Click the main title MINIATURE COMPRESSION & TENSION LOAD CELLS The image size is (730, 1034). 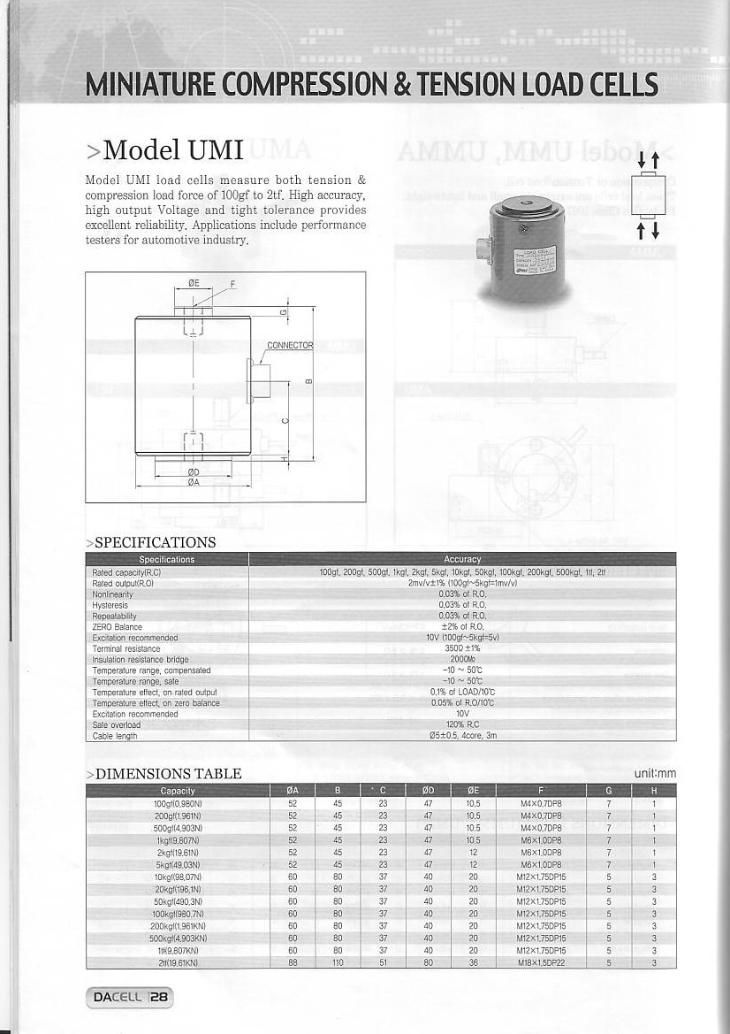click(x=371, y=85)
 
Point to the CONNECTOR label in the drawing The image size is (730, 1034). click(x=290, y=345)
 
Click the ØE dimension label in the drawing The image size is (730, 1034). click(x=194, y=283)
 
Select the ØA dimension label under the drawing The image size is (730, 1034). click(x=193, y=482)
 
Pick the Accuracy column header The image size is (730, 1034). click(x=462, y=559)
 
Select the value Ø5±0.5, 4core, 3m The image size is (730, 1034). click(x=462, y=735)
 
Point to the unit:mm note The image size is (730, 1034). click(x=654, y=774)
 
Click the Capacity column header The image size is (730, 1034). click(x=178, y=791)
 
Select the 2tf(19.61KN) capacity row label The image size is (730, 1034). click(x=178, y=961)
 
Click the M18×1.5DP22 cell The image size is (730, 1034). click(x=541, y=961)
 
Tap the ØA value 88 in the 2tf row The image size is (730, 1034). click(x=293, y=961)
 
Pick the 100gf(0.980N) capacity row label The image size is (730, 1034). click(x=178, y=803)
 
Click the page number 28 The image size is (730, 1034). click(x=159, y=998)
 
